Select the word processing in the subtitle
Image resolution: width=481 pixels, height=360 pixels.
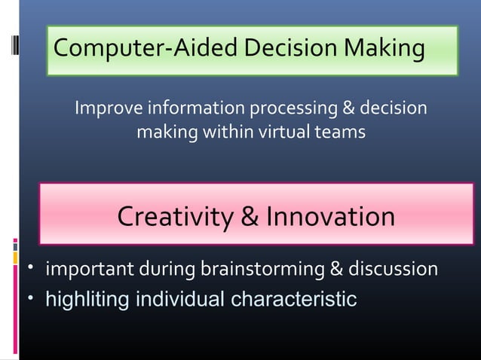pos(288,110)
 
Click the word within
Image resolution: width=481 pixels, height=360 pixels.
pos(224,133)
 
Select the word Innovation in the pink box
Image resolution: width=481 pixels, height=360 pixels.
pos(329,217)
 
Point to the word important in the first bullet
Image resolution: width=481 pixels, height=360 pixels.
pos(87,269)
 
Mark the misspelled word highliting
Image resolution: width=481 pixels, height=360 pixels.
pos(88,299)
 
